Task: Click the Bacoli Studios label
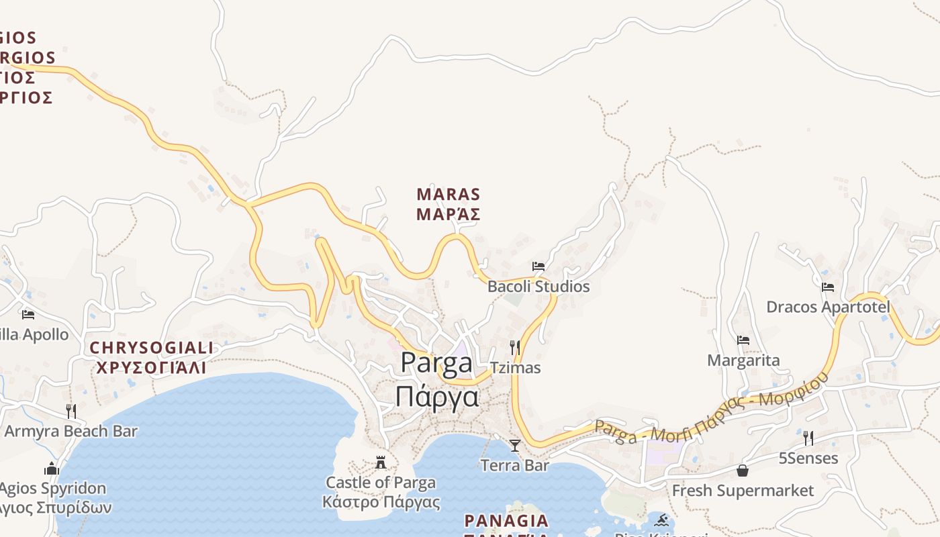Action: pos(538,287)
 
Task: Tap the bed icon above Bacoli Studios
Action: pos(538,266)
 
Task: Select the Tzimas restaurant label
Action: pos(515,368)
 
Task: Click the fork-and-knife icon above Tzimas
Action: pos(515,347)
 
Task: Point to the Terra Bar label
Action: pos(515,465)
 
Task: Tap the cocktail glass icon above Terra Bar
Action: pos(515,445)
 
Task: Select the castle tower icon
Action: pos(381,462)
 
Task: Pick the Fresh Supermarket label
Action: pos(743,491)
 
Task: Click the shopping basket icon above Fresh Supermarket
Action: pos(743,471)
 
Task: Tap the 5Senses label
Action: pos(808,458)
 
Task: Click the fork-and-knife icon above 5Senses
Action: pos(808,438)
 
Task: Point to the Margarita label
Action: pos(743,360)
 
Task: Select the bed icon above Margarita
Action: pos(743,340)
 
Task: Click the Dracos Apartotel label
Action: pos(828,307)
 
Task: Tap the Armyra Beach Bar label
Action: pos(71,432)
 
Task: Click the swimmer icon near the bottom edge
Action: pos(663,520)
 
